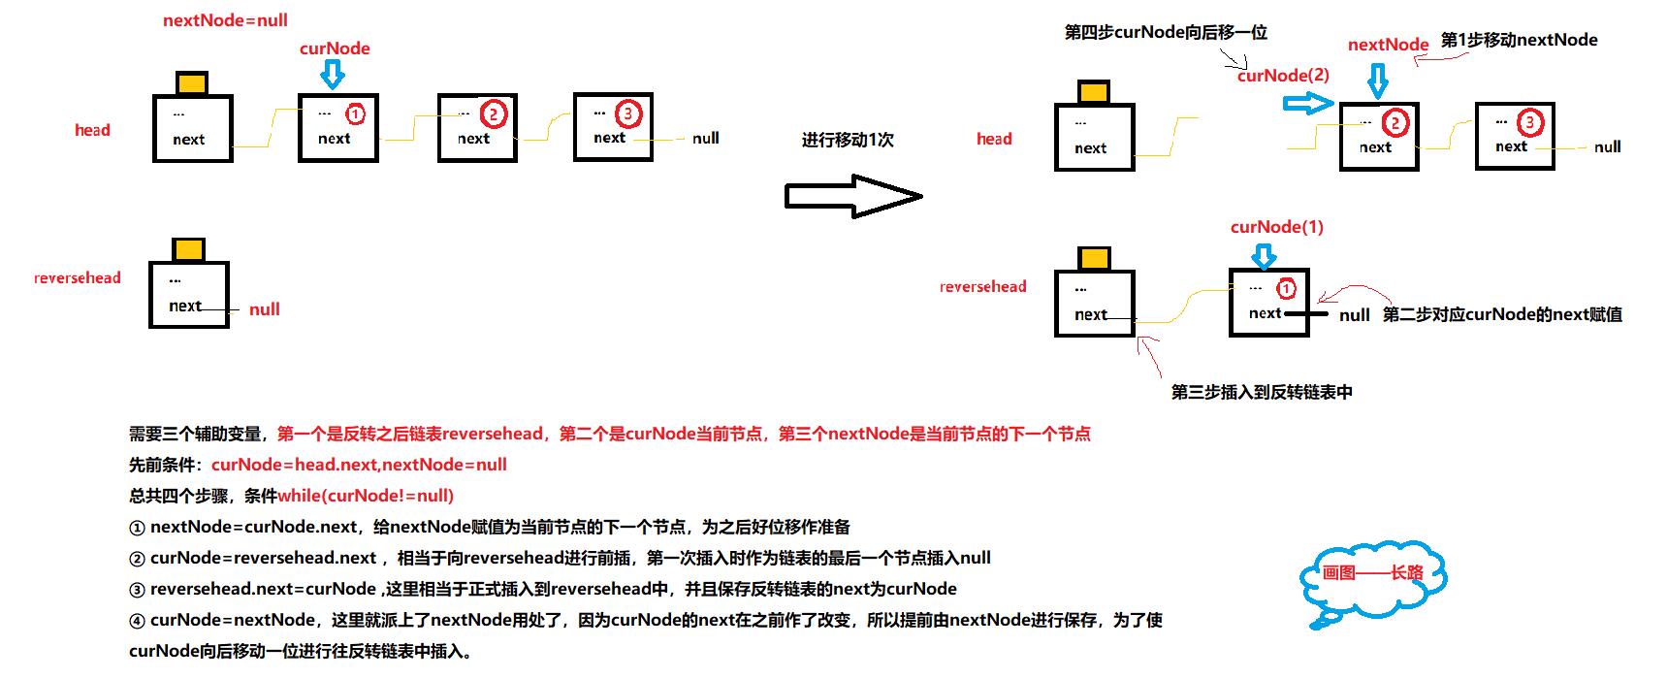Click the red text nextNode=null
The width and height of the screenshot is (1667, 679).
click(x=225, y=20)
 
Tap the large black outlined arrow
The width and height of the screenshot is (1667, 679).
click(x=852, y=197)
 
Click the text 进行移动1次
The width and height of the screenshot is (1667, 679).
click(x=848, y=140)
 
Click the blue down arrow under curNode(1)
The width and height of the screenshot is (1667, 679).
click(x=1264, y=255)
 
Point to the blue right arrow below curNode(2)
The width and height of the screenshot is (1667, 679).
click(x=1308, y=103)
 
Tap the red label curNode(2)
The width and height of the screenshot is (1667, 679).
click(x=1283, y=76)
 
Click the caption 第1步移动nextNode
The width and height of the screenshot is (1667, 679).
click(x=1519, y=40)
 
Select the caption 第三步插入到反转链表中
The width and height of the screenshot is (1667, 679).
click(x=1262, y=392)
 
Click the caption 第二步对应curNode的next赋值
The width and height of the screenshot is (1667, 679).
click(x=1502, y=314)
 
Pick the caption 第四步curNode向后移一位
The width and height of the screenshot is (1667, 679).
click(x=1166, y=32)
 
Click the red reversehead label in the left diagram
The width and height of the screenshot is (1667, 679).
click(x=78, y=277)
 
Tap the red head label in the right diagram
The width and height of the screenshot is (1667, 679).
click(x=994, y=139)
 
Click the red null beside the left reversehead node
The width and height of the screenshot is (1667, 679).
click(x=264, y=309)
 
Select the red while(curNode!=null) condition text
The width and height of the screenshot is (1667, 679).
click(x=366, y=496)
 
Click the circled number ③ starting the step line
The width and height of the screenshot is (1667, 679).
click(x=137, y=590)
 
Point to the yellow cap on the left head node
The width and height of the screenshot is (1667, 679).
click(x=192, y=82)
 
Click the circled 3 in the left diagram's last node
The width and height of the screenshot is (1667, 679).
click(x=627, y=114)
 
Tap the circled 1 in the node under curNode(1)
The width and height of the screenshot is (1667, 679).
click(x=1286, y=289)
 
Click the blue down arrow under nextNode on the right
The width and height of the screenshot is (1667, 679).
click(x=1377, y=80)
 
